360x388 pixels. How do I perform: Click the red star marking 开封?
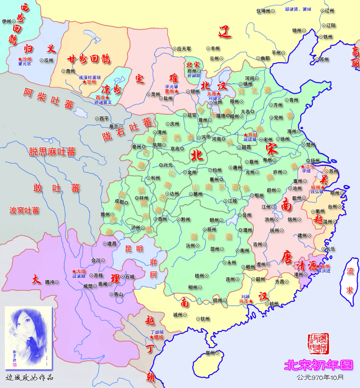coord(246,135)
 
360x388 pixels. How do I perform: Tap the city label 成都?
coord(119,202)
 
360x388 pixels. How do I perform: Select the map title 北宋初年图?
coord(318,365)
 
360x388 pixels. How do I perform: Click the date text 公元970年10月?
coord(320,377)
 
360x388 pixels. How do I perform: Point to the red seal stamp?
coord(318,344)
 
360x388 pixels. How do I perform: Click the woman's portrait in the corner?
coord(28,337)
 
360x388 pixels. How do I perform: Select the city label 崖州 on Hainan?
coord(210,353)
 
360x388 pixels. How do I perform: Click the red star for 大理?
coord(74,271)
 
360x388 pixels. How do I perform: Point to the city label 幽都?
coord(263,58)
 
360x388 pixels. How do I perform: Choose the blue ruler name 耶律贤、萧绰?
coord(298,9)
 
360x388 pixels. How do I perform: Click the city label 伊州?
coord(6,21)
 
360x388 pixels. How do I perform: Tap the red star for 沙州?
coord(20,59)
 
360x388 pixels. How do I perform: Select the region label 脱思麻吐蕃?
coord(52,152)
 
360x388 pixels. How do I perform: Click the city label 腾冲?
coord(50,282)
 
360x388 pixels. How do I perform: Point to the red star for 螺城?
coord(152,337)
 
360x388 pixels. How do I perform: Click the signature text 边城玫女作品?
coord(30,377)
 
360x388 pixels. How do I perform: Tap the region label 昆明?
coord(134,249)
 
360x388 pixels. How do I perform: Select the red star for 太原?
coord(218,94)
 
